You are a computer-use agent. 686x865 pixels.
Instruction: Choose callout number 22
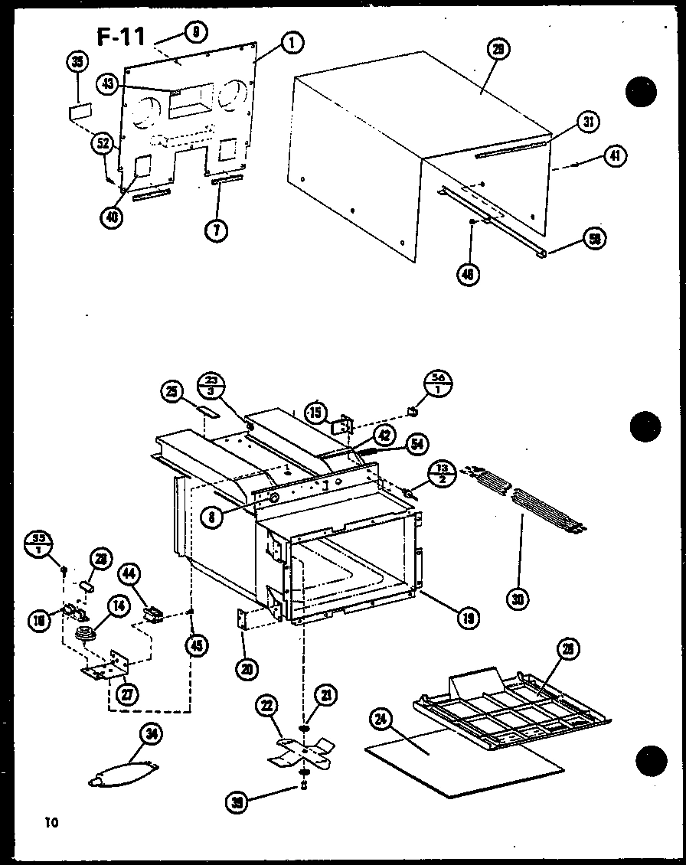pos(266,709)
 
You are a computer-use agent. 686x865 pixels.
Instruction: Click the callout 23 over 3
pos(211,385)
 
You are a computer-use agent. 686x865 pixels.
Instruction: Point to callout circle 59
pos(593,240)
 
